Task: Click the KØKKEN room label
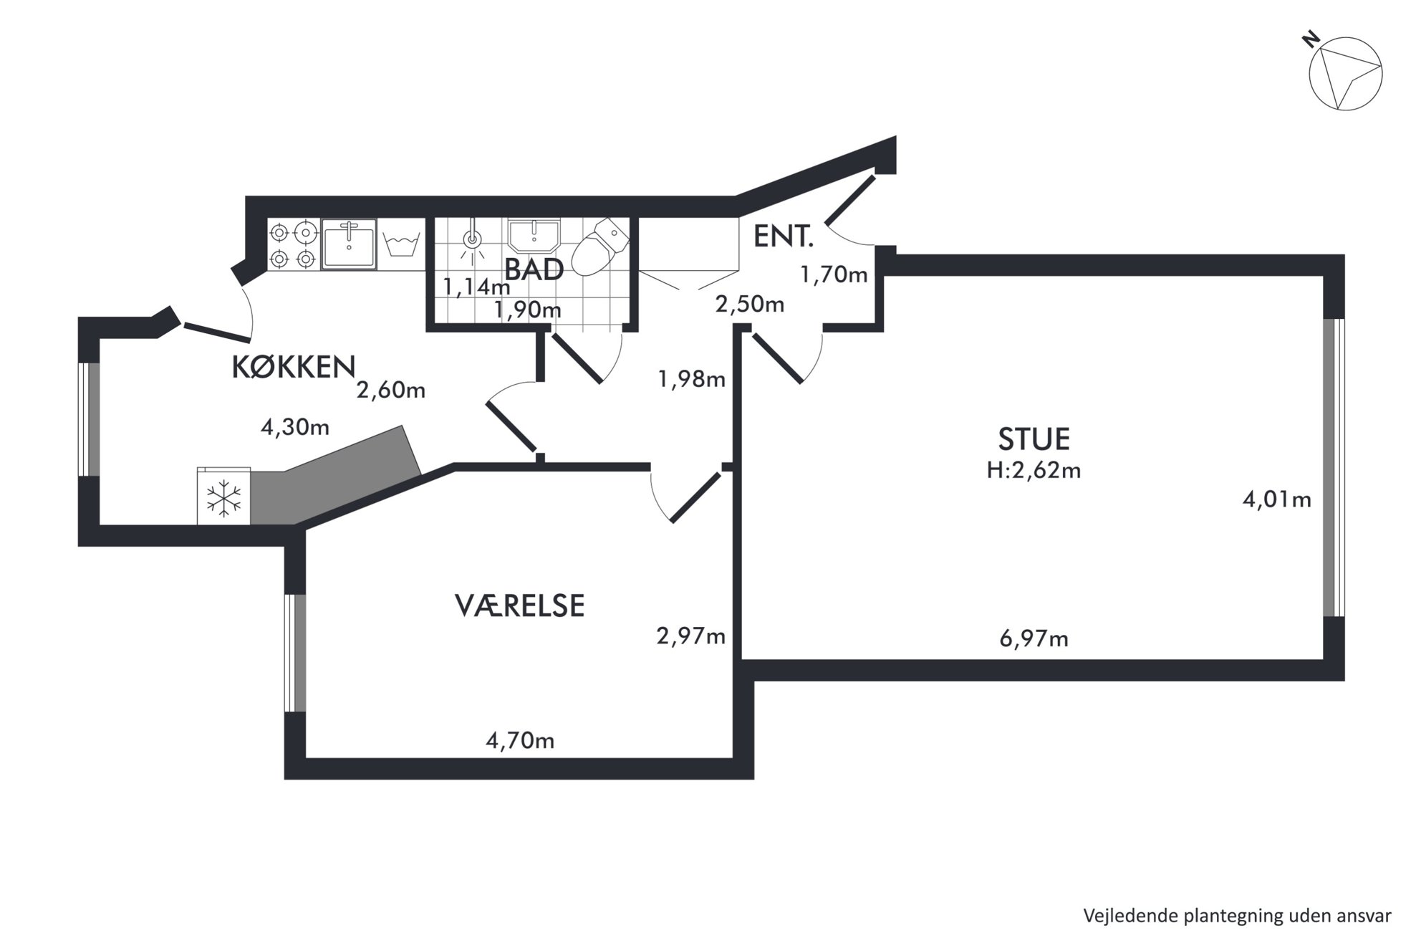[x=294, y=367]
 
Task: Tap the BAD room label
[x=534, y=270]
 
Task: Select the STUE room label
[x=1034, y=439]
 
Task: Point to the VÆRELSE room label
[x=520, y=605]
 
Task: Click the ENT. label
[x=784, y=236]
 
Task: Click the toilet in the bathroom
[x=601, y=247]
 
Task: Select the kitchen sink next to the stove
[x=349, y=244]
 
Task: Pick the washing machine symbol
[x=401, y=244]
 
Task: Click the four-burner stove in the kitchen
[x=293, y=244]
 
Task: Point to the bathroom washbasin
[x=534, y=236]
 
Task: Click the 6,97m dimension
[x=1034, y=638]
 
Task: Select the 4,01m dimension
[x=1276, y=499]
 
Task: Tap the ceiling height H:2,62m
[x=1034, y=471]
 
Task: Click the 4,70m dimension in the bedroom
[x=520, y=740]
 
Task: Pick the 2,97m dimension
[x=691, y=636]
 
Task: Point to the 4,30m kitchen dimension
[x=295, y=428]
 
